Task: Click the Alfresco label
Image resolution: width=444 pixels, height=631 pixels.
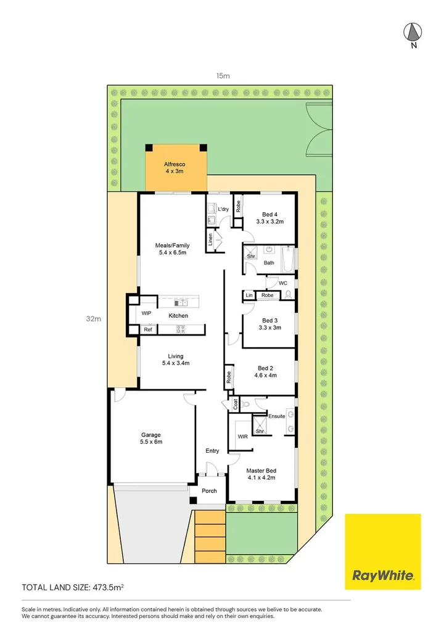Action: (x=175, y=165)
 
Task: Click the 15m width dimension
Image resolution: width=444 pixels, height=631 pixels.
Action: (x=223, y=76)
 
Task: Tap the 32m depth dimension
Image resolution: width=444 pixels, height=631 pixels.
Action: (x=93, y=319)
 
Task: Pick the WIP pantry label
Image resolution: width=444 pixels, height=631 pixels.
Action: (x=146, y=313)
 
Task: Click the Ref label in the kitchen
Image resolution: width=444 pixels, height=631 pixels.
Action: (x=148, y=330)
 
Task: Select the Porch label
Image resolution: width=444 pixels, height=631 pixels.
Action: (x=209, y=491)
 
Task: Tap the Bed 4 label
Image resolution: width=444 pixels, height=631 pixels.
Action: (x=270, y=215)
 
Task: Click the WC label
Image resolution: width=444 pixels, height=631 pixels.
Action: (x=283, y=283)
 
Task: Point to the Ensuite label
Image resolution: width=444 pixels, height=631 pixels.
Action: (x=277, y=416)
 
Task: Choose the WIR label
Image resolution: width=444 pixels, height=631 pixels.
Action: (x=242, y=437)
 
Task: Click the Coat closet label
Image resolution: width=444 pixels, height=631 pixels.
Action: (x=235, y=405)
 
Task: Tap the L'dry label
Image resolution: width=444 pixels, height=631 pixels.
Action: (x=224, y=210)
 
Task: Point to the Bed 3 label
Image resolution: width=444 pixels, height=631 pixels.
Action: (x=270, y=320)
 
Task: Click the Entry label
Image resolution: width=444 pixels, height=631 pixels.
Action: (x=212, y=451)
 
